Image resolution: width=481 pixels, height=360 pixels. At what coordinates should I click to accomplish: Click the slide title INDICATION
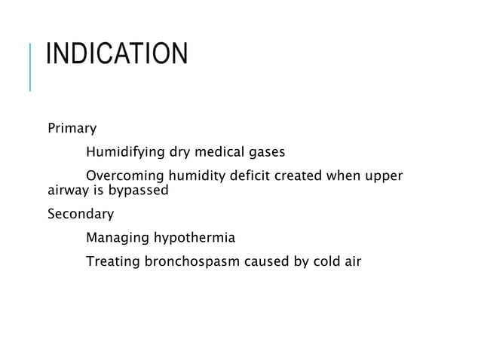pos(116,55)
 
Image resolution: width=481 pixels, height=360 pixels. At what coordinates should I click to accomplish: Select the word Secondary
pos(81,214)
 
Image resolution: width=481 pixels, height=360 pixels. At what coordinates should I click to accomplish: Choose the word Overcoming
pos(124,177)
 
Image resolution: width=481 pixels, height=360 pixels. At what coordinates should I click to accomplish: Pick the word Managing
pos(118,239)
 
